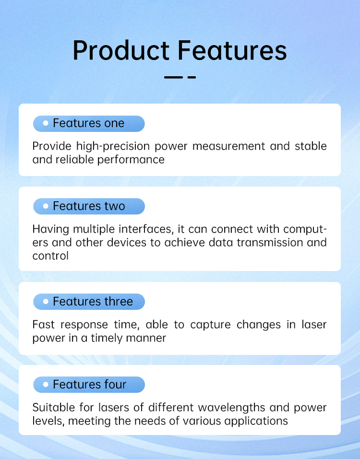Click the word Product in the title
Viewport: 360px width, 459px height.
[x=121, y=50]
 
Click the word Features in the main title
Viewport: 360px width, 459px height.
[x=232, y=50]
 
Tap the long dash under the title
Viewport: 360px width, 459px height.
[x=173, y=77]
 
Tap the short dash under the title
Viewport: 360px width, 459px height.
[x=192, y=77]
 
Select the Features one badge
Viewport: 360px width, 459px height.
[x=89, y=123]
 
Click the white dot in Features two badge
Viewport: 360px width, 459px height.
[x=46, y=206]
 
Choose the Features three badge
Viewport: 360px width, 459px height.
[x=89, y=302]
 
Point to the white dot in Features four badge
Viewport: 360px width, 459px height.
[x=46, y=384]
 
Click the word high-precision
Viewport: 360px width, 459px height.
[x=113, y=146]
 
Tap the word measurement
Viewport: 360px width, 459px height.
[x=229, y=146]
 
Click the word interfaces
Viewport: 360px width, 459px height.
[x=145, y=229]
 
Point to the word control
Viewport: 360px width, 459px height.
[x=50, y=256]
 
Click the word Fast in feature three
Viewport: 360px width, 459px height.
[x=43, y=325]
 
